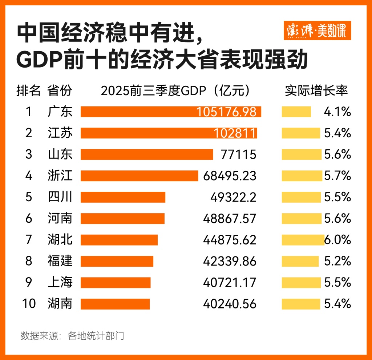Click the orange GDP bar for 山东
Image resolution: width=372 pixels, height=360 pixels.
146,154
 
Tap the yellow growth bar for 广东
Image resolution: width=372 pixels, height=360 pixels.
296,112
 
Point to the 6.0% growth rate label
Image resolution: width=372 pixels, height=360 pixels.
337,240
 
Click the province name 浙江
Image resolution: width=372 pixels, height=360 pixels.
60,176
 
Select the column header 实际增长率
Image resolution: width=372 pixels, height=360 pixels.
316,91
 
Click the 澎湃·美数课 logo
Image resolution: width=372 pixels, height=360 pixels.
317,31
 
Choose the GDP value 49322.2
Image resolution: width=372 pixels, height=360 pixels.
233,197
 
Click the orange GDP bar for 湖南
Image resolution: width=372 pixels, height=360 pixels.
115,304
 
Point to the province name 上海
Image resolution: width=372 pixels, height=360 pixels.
60,282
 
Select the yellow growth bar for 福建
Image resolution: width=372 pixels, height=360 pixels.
300,261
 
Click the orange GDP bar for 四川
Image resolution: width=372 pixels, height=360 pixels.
123,197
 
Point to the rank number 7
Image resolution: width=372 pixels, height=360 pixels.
29,240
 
